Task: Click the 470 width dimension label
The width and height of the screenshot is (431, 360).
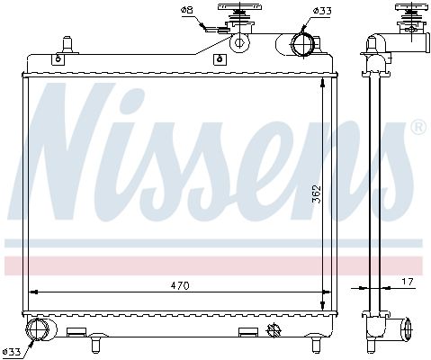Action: coord(180,285)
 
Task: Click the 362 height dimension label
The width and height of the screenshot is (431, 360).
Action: coord(317,194)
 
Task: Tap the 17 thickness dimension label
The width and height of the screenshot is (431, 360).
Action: coord(408,282)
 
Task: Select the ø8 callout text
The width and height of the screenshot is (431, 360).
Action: coord(186,11)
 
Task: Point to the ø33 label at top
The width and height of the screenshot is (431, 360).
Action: coord(322,11)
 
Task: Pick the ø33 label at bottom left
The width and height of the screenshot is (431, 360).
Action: coord(12,351)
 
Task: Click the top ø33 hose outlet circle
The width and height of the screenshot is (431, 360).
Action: coord(302,45)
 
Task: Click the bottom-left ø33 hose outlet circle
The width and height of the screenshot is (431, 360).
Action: coord(38,329)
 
